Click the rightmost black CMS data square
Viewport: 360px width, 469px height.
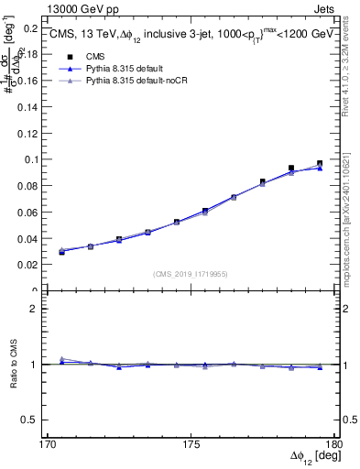pos(321,164)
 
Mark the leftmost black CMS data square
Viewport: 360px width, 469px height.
pos(61,251)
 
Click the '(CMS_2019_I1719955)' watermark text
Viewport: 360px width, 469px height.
pos(191,273)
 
